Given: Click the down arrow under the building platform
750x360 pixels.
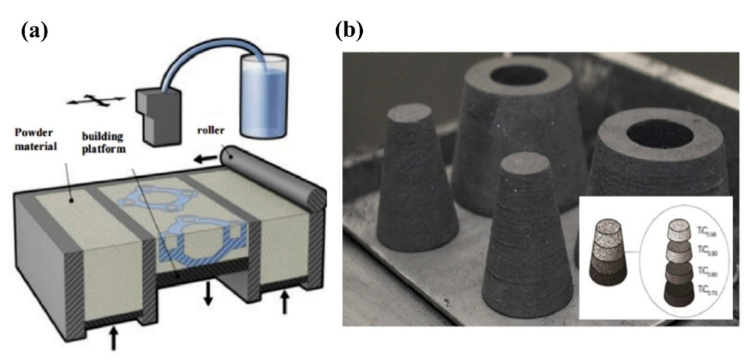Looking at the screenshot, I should pos(208,294).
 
